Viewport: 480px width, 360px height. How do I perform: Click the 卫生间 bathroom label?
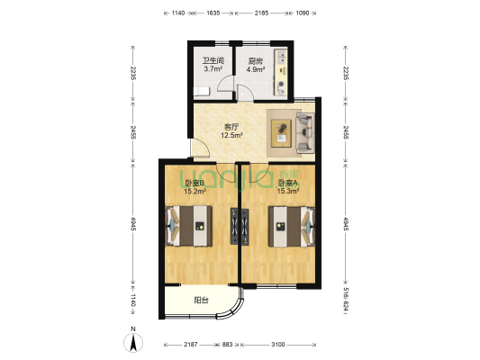[213, 60]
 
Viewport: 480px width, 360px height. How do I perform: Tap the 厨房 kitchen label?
[256, 60]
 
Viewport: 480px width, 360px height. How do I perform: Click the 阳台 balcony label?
[201, 301]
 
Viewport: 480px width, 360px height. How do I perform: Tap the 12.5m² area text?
[233, 137]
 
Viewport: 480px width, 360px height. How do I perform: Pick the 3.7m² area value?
[213, 68]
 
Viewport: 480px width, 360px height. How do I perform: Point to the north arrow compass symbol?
[133, 342]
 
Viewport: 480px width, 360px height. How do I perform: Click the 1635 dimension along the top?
[213, 13]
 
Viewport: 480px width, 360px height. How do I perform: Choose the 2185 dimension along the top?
[261, 13]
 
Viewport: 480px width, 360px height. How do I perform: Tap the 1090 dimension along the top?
[303, 13]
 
